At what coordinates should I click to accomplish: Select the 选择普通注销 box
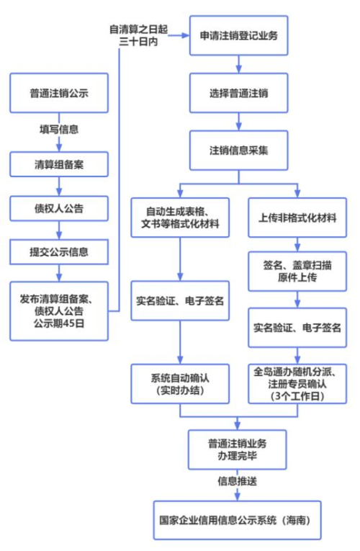pos(238,94)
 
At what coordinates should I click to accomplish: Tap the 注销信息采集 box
pos(238,152)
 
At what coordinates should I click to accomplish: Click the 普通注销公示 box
pos(59,93)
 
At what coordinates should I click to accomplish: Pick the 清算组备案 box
pos(59,162)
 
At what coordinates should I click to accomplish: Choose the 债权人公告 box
pos(59,209)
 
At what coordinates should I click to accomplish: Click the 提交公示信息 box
pos(59,253)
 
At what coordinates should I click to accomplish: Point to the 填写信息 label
pos(59,130)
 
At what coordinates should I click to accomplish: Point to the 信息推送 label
pos(238,479)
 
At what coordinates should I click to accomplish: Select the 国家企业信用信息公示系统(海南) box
pos(238,518)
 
